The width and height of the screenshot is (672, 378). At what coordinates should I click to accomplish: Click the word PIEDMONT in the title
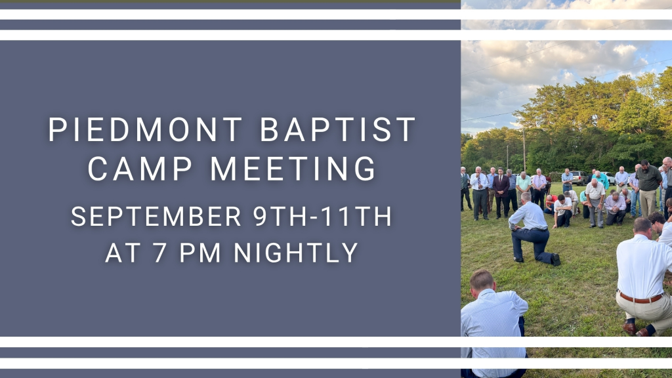pyautogui.click(x=145, y=129)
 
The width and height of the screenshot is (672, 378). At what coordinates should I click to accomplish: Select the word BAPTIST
pyautogui.click(x=338, y=129)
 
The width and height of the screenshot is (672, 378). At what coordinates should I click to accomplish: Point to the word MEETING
pyautogui.click(x=293, y=169)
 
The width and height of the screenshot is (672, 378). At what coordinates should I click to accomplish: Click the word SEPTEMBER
pyautogui.click(x=156, y=217)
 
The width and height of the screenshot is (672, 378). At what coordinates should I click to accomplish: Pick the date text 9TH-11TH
pyautogui.click(x=322, y=217)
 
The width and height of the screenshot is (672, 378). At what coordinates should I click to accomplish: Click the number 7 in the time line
pyautogui.click(x=160, y=253)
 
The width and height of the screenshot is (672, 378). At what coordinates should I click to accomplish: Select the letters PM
pyautogui.click(x=199, y=253)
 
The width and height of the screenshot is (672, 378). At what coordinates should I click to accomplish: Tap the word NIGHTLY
pyautogui.click(x=296, y=253)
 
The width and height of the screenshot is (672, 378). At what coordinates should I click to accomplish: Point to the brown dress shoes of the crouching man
pyautogui.click(x=635, y=329)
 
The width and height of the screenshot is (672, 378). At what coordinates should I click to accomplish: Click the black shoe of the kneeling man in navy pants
pyautogui.click(x=555, y=259)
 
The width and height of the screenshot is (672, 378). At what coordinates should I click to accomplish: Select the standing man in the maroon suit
pyautogui.click(x=501, y=192)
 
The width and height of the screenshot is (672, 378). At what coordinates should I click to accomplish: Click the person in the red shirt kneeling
pyautogui.click(x=550, y=204)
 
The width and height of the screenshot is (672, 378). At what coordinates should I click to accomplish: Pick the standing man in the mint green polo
pyautogui.click(x=523, y=188)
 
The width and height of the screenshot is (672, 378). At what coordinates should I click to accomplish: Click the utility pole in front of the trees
pyautogui.click(x=524, y=150)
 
